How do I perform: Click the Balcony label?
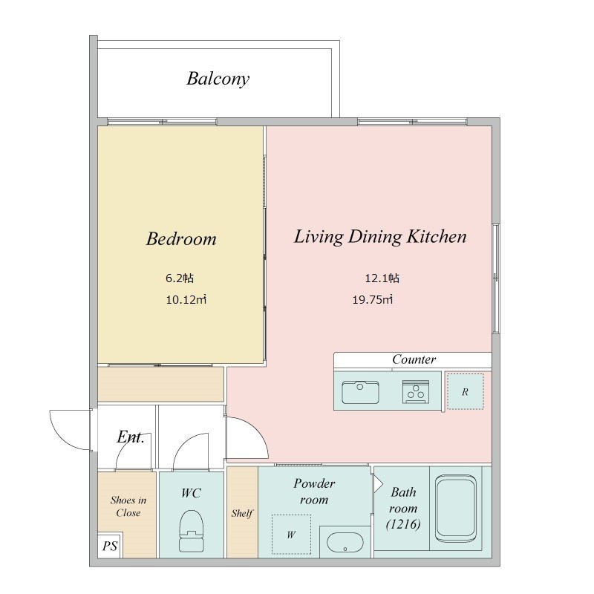[x=218, y=79]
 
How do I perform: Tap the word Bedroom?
[x=181, y=238]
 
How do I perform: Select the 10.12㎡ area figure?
[x=186, y=300]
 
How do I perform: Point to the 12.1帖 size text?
[x=382, y=278]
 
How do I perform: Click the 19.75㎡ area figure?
[x=373, y=300]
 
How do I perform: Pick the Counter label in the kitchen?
[x=414, y=359]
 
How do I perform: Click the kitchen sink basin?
[x=360, y=392]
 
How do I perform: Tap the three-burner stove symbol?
[x=416, y=392]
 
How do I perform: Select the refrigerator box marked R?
[x=466, y=391]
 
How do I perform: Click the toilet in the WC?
[x=191, y=530]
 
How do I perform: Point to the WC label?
[x=191, y=493]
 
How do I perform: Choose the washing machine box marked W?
[x=291, y=534]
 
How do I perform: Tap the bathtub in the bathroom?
[x=455, y=509]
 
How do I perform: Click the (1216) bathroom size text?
[x=403, y=524]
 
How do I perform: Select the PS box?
[x=110, y=546]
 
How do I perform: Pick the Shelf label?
[x=242, y=513]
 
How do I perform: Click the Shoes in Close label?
[x=128, y=506]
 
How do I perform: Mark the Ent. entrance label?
[x=131, y=437]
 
